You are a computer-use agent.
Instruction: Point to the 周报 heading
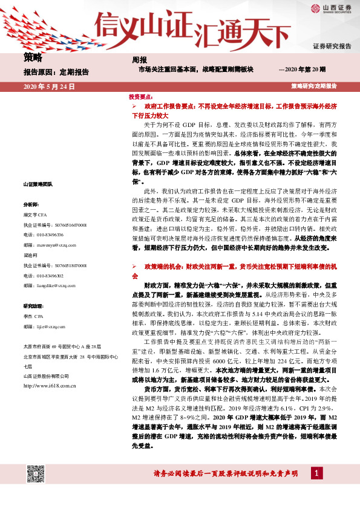tap(140, 60)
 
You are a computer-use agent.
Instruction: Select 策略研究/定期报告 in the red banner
tap(313, 87)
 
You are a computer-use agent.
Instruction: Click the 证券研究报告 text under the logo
tap(332, 46)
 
